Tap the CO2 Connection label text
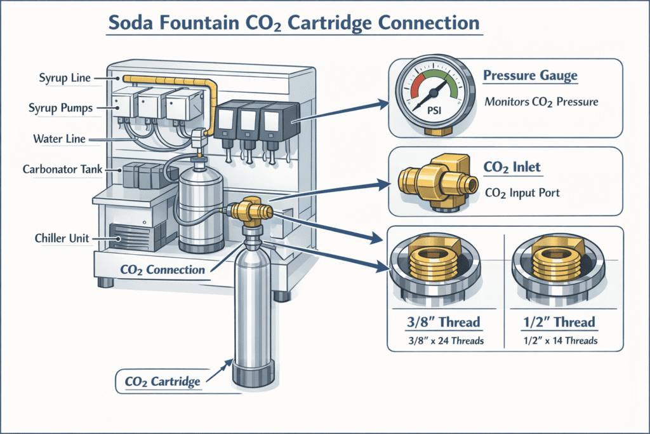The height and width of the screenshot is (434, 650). tap(162, 269)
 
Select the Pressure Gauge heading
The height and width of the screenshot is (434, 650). tap(530, 76)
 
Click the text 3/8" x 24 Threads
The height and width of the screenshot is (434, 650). tap(444, 341)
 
